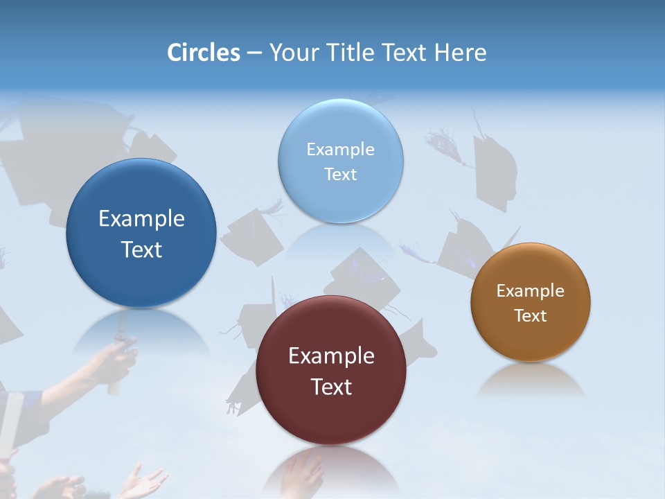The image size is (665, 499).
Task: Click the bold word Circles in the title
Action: click(203, 53)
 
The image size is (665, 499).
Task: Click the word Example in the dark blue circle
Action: click(141, 219)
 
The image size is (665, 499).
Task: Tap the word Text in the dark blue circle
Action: click(141, 249)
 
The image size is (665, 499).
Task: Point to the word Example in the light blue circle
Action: click(340, 150)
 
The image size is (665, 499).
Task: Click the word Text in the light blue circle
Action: click(340, 174)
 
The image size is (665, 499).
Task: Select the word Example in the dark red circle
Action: click(331, 356)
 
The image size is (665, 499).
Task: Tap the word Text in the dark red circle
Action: click(331, 387)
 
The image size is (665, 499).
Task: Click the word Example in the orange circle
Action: click(531, 291)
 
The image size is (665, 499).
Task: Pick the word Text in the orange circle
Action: click(531, 315)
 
